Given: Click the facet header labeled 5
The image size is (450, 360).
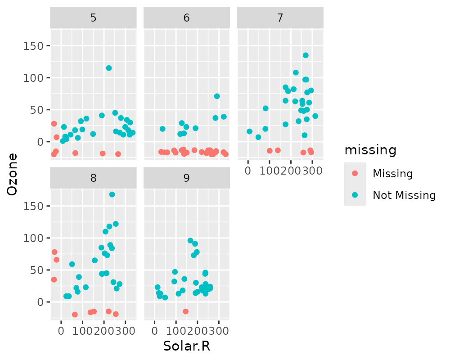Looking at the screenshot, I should [93, 18].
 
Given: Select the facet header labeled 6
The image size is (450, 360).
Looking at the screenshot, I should [186, 18].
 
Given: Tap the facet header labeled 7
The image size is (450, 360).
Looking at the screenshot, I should [280, 18].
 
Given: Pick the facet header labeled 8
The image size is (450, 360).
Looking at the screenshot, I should [93, 178].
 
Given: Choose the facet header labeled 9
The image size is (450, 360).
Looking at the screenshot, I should [186, 178].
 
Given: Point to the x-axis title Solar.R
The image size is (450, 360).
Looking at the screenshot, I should [187, 346].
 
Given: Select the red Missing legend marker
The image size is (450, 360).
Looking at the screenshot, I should [355, 173].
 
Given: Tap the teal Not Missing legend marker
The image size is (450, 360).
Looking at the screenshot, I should [355, 195].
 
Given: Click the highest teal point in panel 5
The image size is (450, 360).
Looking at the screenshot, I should [109, 68].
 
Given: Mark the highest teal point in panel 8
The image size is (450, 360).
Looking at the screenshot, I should [112, 194].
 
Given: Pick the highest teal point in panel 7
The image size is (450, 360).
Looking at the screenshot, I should [306, 55].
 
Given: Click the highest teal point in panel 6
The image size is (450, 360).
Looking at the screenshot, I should [217, 96].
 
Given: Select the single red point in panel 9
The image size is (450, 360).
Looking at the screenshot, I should [185, 311].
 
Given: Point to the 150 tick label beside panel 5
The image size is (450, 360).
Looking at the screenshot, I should [35, 46].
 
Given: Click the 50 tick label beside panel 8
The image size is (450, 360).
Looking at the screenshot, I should [37, 270].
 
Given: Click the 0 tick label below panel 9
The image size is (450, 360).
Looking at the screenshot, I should [154, 330].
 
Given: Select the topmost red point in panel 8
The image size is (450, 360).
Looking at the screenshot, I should [54, 252].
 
